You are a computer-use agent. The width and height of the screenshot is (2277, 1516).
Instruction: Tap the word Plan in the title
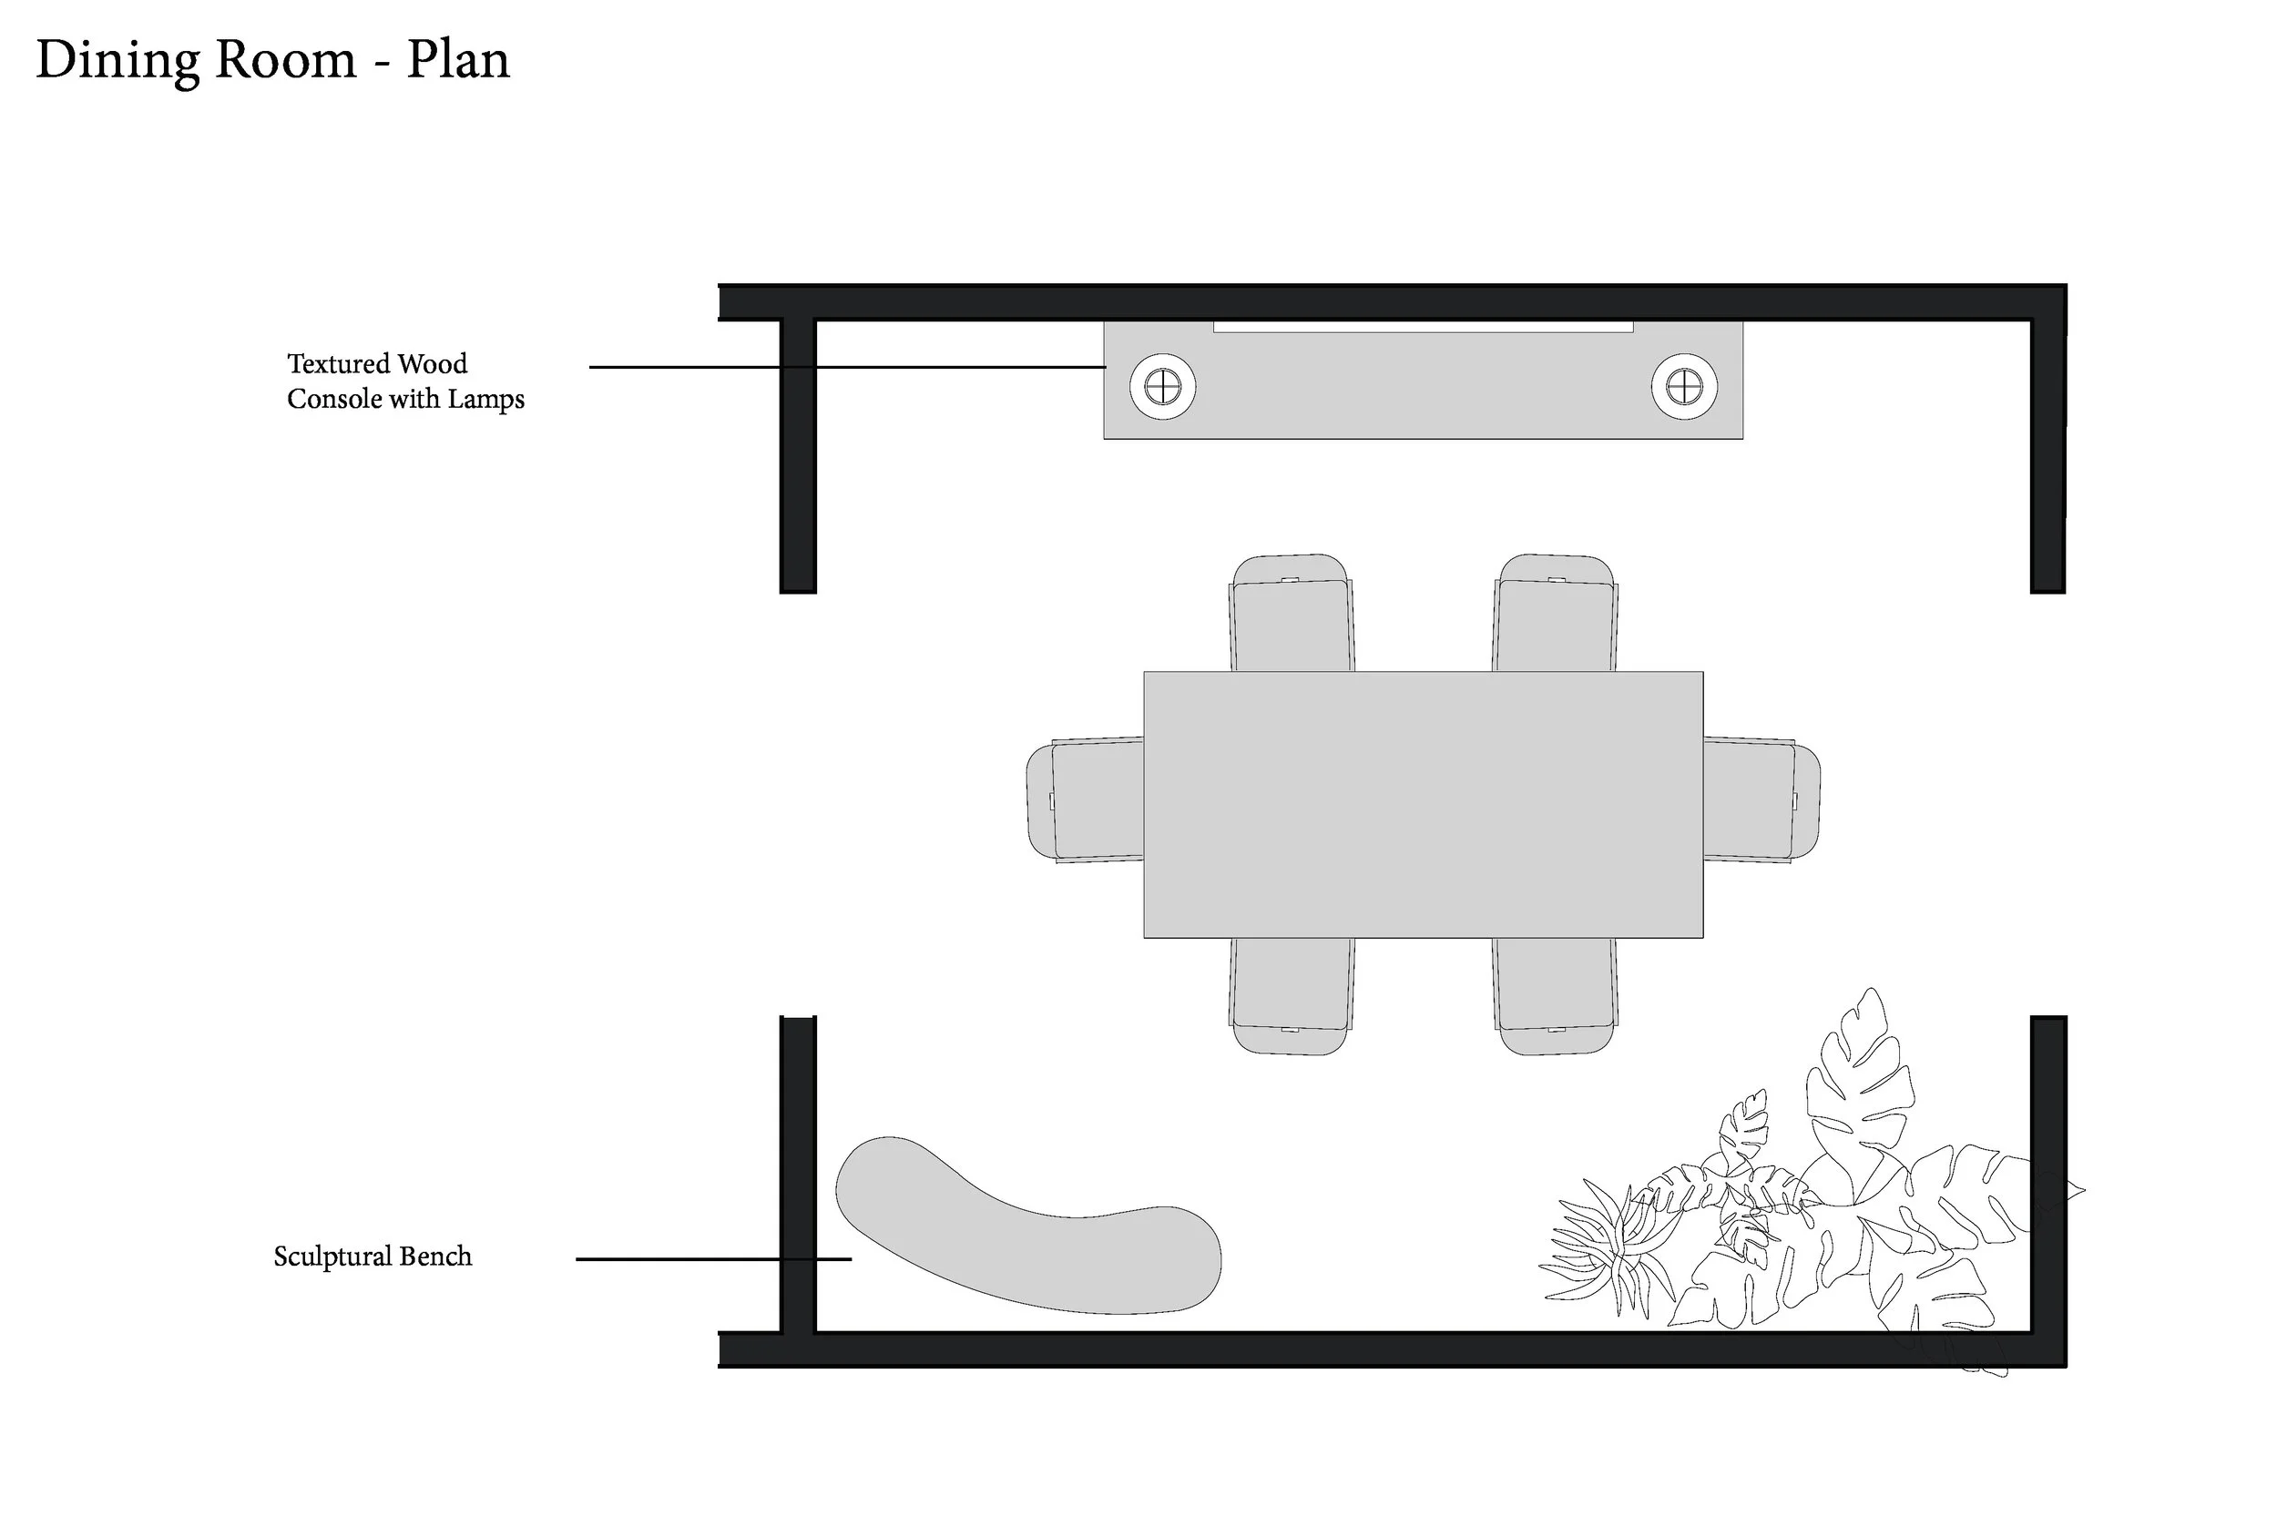coord(457,60)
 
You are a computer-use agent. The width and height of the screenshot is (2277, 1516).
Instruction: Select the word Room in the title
coord(285,60)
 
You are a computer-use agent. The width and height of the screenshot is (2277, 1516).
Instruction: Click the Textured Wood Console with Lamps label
coord(405,381)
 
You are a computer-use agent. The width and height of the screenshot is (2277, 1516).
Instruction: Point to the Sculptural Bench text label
coord(373,1256)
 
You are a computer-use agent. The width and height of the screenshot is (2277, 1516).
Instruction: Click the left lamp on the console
coord(1162,387)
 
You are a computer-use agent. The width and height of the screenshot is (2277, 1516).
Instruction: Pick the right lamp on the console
coord(1683,387)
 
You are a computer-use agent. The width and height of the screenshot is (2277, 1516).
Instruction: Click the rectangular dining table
coord(1423,803)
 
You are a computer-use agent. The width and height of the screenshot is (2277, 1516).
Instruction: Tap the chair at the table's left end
coord(1084,800)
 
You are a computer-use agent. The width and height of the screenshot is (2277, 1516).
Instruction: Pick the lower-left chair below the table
coord(1291,997)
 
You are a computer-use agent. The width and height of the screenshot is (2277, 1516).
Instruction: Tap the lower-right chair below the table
coord(1555,997)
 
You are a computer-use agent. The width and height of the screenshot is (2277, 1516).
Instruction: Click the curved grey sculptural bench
coord(1025,1237)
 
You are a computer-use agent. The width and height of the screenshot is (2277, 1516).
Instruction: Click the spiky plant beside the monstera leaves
coord(1596,1247)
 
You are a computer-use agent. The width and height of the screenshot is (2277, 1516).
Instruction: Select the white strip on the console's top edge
coord(1423,328)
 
